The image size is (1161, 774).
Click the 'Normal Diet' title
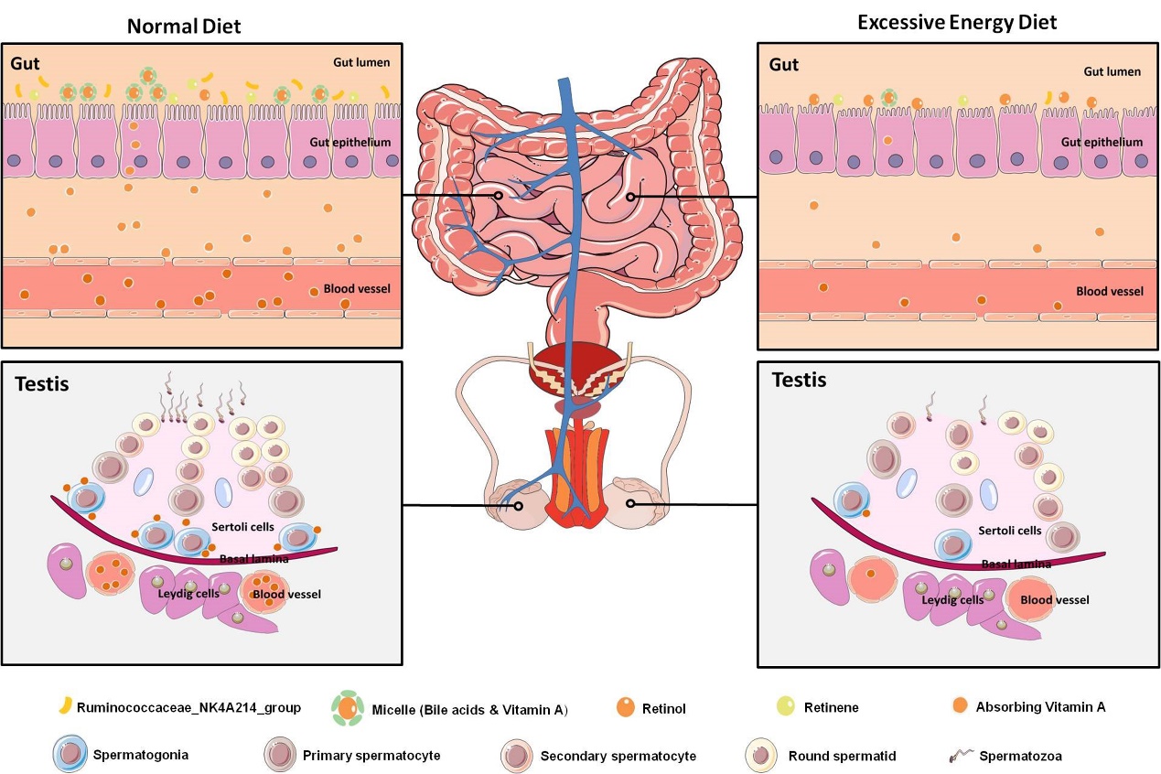pyautogui.click(x=184, y=26)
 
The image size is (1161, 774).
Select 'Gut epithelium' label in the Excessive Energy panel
pyautogui.click(x=1102, y=142)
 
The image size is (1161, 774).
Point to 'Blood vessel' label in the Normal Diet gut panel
pyautogui.click(x=357, y=289)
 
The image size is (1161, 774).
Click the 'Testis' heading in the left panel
pyautogui.click(x=42, y=383)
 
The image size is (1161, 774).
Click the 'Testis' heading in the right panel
pyautogui.click(x=799, y=379)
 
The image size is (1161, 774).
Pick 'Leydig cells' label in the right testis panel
pyautogui.click(x=952, y=600)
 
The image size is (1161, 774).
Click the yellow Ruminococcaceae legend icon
pyautogui.click(x=64, y=705)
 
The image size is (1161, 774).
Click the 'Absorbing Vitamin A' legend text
pyautogui.click(x=1041, y=707)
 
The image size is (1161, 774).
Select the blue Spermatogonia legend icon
pyautogui.click(x=70, y=756)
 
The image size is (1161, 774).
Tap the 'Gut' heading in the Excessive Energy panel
pyautogui.click(x=784, y=64)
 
